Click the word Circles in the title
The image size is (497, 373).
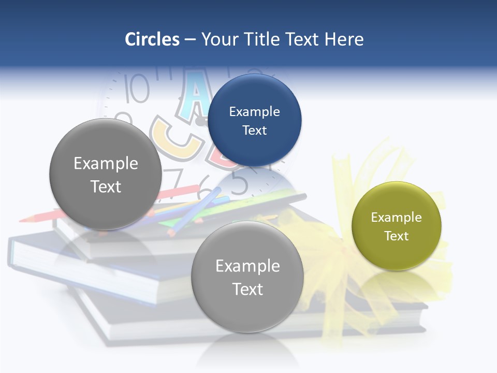pos(152,39)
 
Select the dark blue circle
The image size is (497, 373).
pos(254,120)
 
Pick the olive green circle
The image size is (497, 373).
pos(396,226)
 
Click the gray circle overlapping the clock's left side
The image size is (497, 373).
pos(106,174)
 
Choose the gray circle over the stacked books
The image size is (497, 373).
pos(247,277)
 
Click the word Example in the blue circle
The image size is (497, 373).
pos(254,111)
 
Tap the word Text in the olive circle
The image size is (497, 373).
pos(396,236)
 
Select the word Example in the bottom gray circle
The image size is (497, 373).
pos(247,266)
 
